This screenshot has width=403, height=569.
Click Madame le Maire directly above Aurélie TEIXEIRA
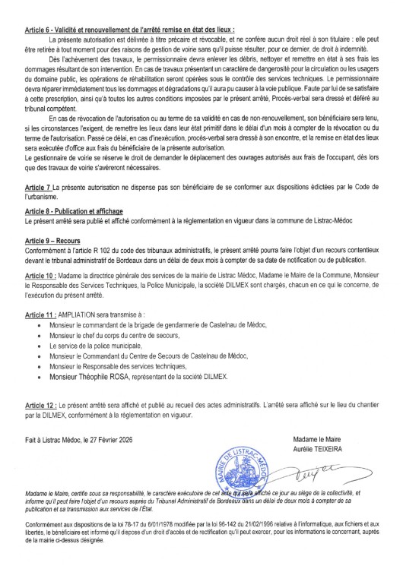point(335,440)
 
